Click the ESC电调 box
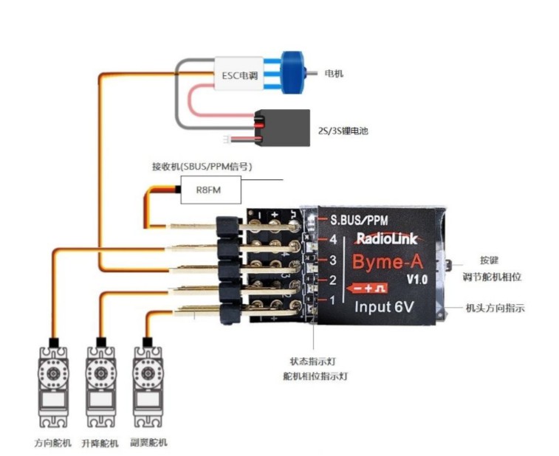coord(239,75)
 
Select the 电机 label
coord(334,74)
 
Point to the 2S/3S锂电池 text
coord(343,131)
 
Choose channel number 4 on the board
coord(333,239)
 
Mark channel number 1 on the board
coord(333,300)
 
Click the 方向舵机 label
coord(54,443)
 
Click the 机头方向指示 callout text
coord(495,308)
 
